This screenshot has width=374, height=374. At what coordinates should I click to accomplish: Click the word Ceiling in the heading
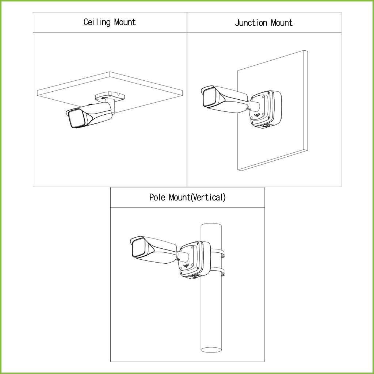pyautogui.click(x=97, y=22)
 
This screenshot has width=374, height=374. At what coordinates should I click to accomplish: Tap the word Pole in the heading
pyautogui.click(x=157, y=197)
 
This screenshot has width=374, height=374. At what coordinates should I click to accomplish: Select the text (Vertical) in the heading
pyautogui.click(x=208, y=197)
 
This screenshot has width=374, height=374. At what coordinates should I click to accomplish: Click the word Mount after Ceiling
pyautogui.click(x=125, y=22)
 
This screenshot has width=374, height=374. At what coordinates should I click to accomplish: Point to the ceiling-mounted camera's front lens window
pyautogui.click(x=77, y=119)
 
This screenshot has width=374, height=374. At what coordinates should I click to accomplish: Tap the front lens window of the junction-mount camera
pyautogui.click(x=210, y=97)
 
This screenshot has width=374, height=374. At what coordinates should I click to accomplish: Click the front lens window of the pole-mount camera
pyautogui.click(x=139, y=248)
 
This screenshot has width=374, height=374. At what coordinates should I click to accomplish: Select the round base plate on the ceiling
pyautogui.click(x=110, y=96)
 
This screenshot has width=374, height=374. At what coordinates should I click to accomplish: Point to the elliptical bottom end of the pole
pyautogui.click(x=211, y=350)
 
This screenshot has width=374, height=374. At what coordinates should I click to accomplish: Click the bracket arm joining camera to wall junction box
pyautogui.click(x=254, y=106)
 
